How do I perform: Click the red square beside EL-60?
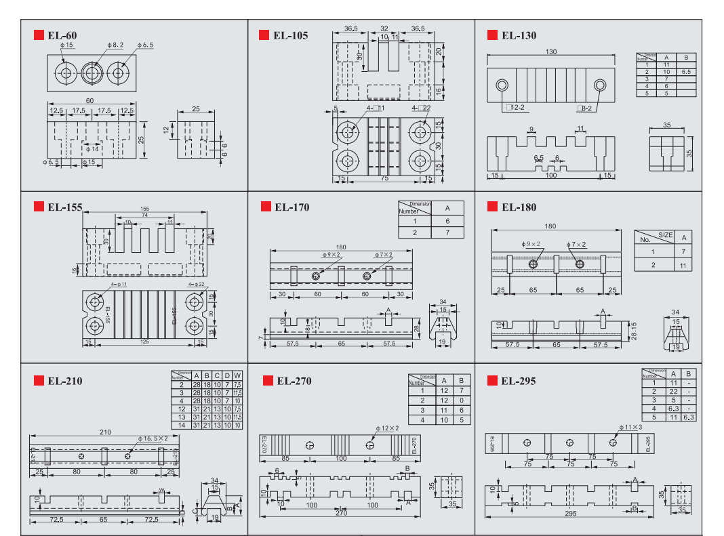[39, 35]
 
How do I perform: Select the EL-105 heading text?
[291, 35]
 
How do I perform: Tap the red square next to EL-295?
[492, 380]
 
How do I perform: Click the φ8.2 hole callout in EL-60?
[115, 45]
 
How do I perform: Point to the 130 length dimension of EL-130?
[550, 52]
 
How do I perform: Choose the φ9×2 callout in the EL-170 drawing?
[331, 255]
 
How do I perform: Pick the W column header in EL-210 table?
[237, 375]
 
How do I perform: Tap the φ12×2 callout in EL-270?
[387, 428]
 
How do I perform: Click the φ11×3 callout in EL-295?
[630, 428]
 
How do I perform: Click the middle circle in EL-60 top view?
[93, 73]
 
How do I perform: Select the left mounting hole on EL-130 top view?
[502, 86]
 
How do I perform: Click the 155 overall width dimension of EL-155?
[144, 209]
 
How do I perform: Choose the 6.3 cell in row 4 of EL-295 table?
[673, 409]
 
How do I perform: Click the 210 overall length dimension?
[105, 432]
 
